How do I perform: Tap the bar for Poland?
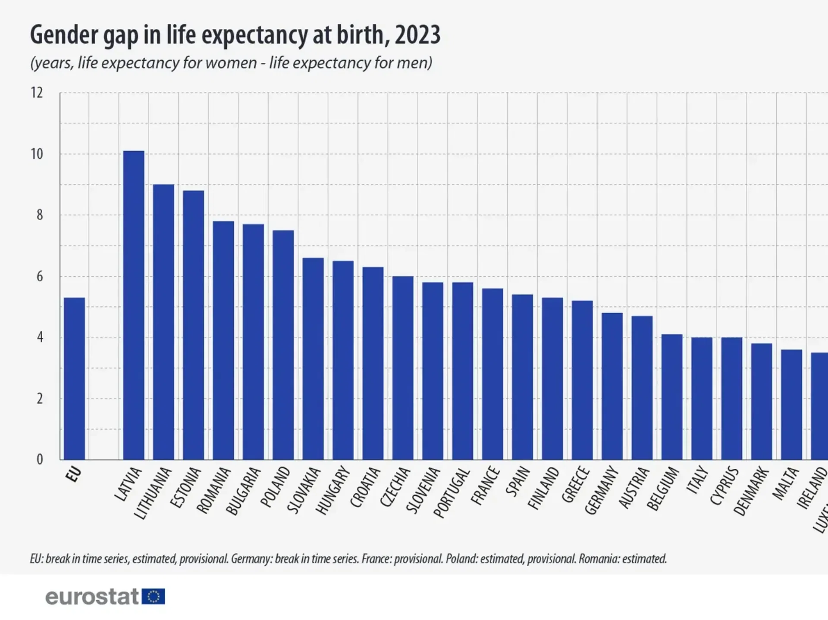click(283, 345)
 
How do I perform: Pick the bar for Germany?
click(612, 386)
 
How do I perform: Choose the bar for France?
click(492, 374)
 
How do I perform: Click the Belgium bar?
click(672, 396)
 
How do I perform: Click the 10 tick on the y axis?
click(37, 154)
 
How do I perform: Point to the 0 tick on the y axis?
click(40, 459)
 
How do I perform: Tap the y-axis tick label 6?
click(40, 276)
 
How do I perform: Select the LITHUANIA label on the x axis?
click(153, 493)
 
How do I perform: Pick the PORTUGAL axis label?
click(451, 492)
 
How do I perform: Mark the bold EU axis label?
click(74, 474)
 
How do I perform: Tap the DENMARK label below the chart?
click(751, 491)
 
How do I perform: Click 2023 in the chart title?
click(417, 35)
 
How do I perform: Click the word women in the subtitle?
click(231, 63)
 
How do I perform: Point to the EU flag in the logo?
click(153, 597)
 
